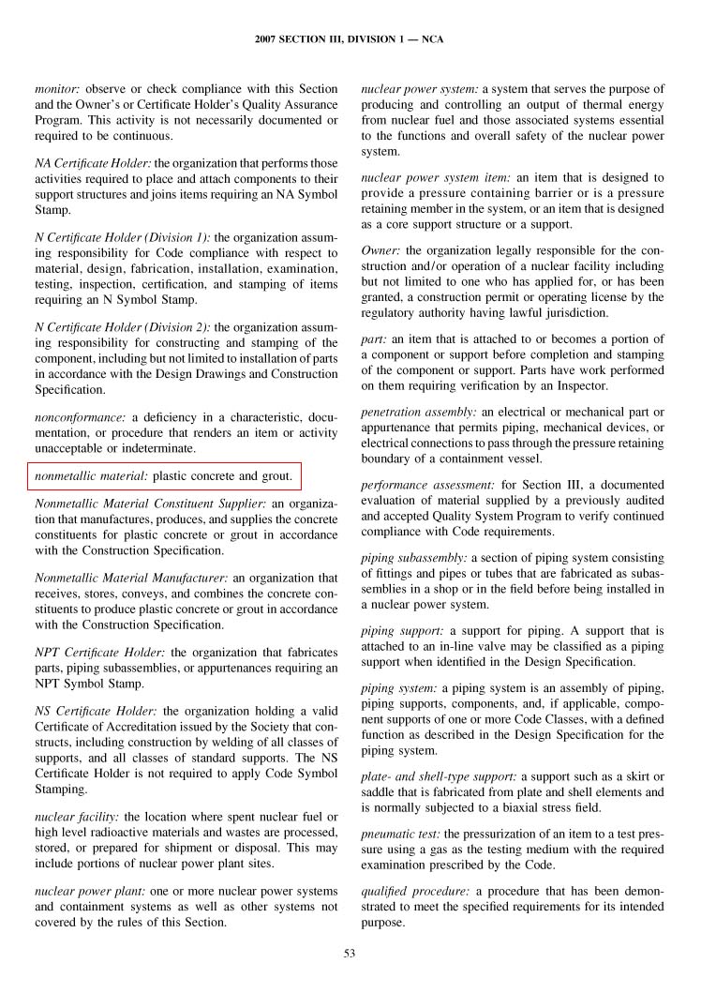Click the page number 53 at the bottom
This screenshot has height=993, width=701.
click(350, 955)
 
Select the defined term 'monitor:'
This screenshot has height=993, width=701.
click(58, 89)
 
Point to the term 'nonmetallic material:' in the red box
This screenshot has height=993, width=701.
click(91, 476)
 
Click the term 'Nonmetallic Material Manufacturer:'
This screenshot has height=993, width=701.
click(130, 578)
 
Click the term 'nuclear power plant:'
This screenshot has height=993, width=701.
click(87, 890)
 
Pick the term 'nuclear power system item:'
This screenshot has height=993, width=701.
click(435, 177)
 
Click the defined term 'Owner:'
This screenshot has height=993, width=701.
click(381, 250)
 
